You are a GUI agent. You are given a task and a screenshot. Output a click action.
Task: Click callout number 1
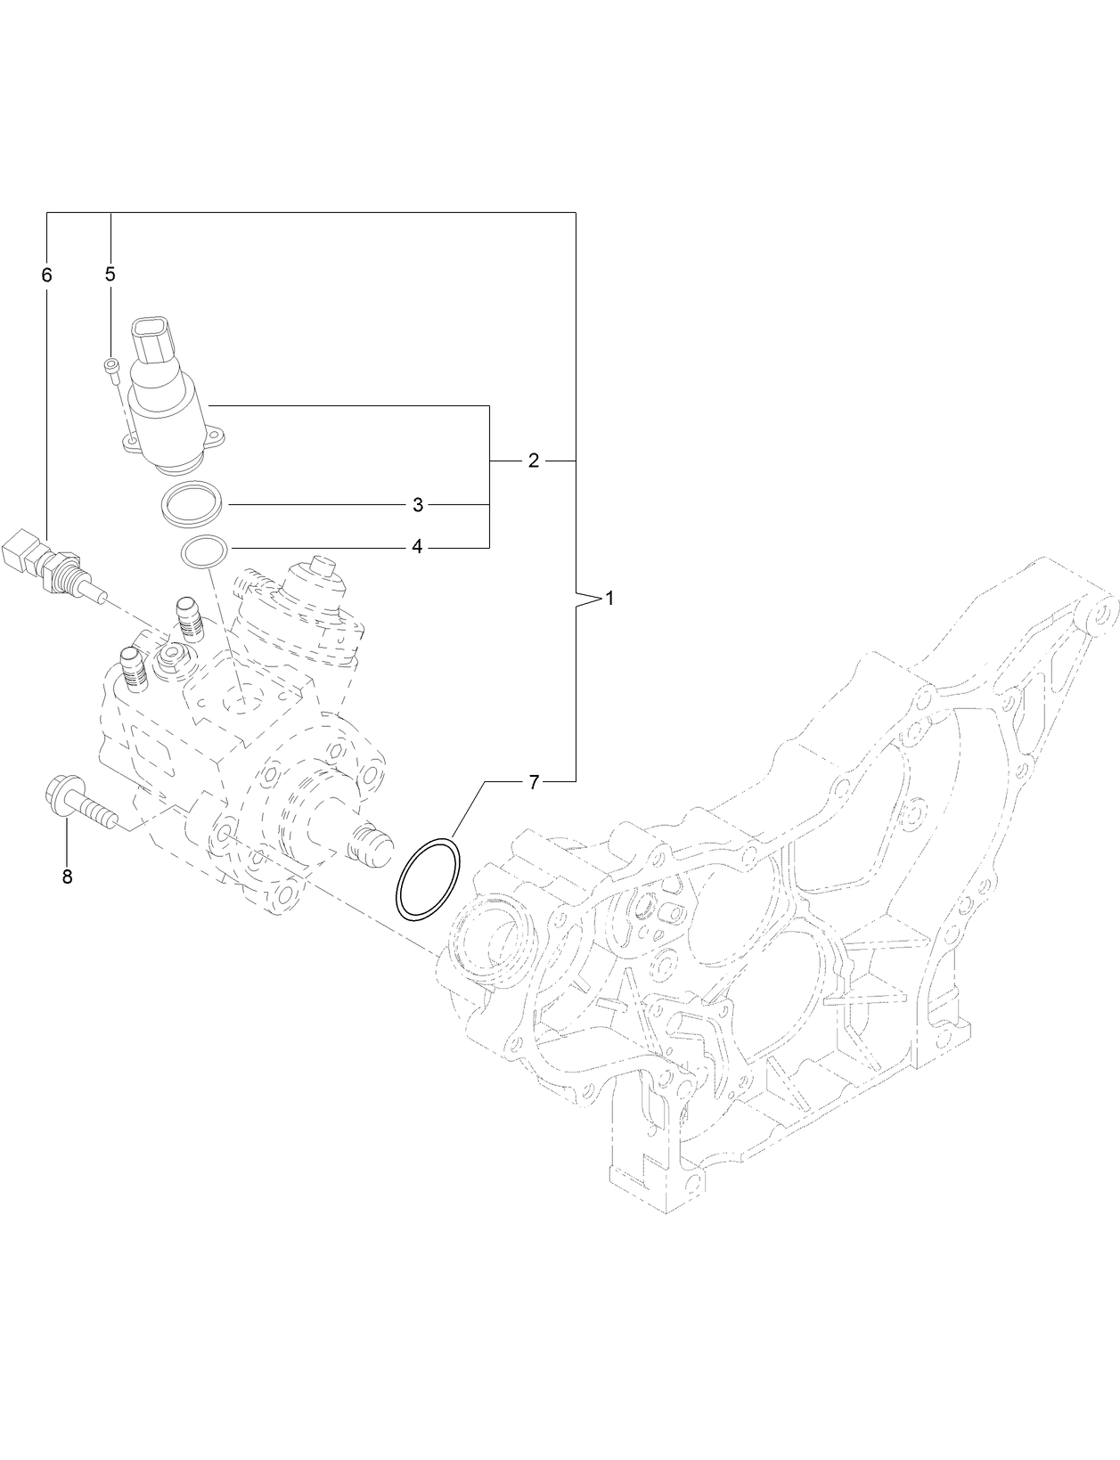(x=610, y=599)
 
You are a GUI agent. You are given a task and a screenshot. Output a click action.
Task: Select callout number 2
(x=533, y=461)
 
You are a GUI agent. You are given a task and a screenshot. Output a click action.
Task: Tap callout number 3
(x=417, y=505)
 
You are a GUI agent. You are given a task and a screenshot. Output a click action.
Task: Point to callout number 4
(x=417, y=547)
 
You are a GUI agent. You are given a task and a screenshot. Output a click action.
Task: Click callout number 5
(x=110, y=274)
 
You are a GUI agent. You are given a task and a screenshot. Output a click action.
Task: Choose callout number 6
(x=46, y=275)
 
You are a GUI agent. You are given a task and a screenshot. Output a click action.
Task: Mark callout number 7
(x=533, y=782)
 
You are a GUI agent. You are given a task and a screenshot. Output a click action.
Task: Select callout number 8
(x=67, y=877)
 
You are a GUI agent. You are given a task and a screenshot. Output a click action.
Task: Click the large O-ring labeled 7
(x=429, y=878)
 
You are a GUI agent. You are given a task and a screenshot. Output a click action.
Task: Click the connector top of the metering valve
(x=158, y=340)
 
